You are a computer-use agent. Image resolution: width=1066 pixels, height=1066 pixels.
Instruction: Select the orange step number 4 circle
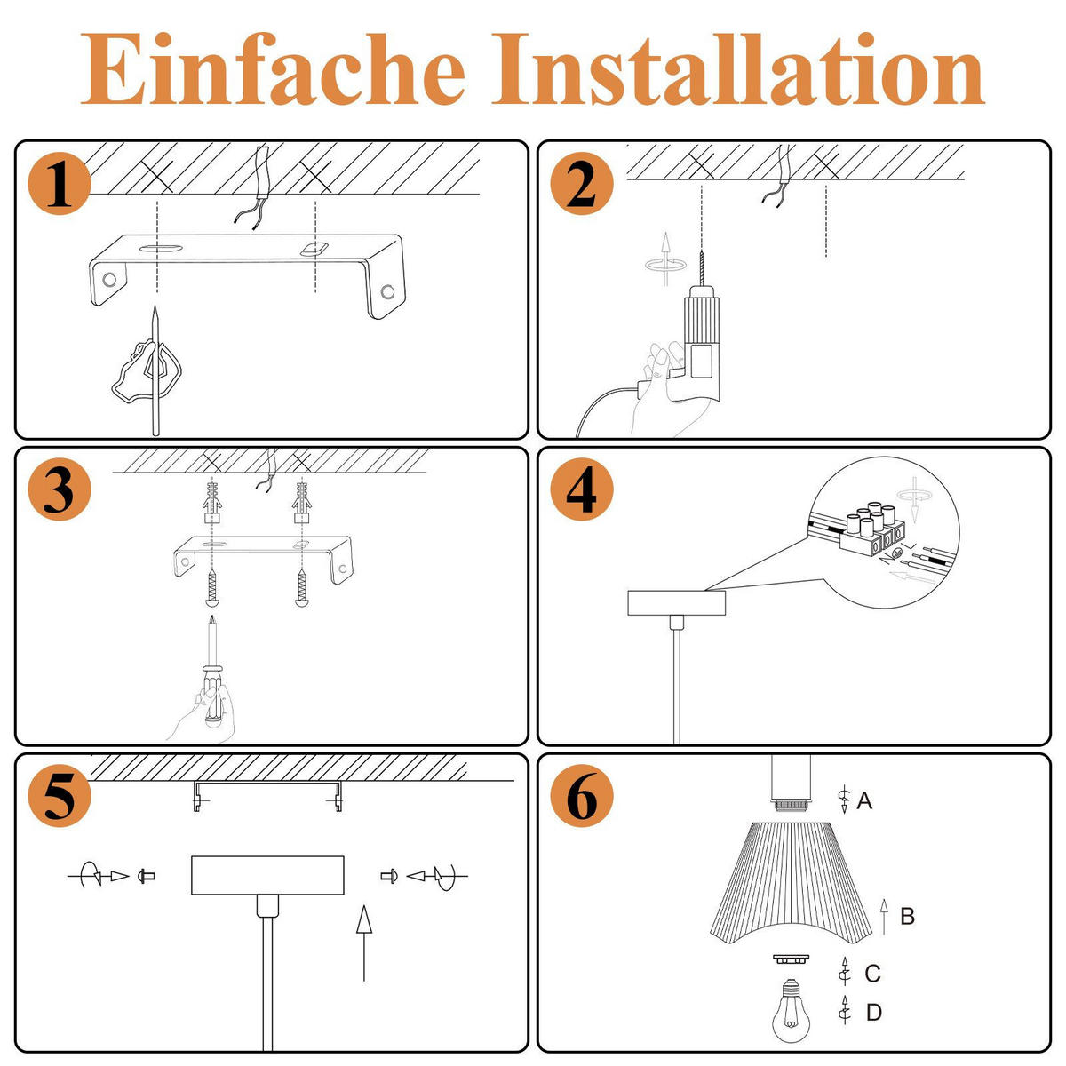(582, 491)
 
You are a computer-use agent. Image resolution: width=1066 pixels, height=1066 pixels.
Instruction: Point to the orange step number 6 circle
(582, 797)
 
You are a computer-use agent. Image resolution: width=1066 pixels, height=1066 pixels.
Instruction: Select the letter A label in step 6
(864, 801)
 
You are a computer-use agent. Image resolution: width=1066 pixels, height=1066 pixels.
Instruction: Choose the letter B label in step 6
(907, 916)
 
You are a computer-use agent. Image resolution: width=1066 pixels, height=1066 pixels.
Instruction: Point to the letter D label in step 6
(873, 1012)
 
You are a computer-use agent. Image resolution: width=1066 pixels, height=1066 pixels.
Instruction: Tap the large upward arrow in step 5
(363, 942)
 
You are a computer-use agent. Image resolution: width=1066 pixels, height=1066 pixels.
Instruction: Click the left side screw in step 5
(147, 876)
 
